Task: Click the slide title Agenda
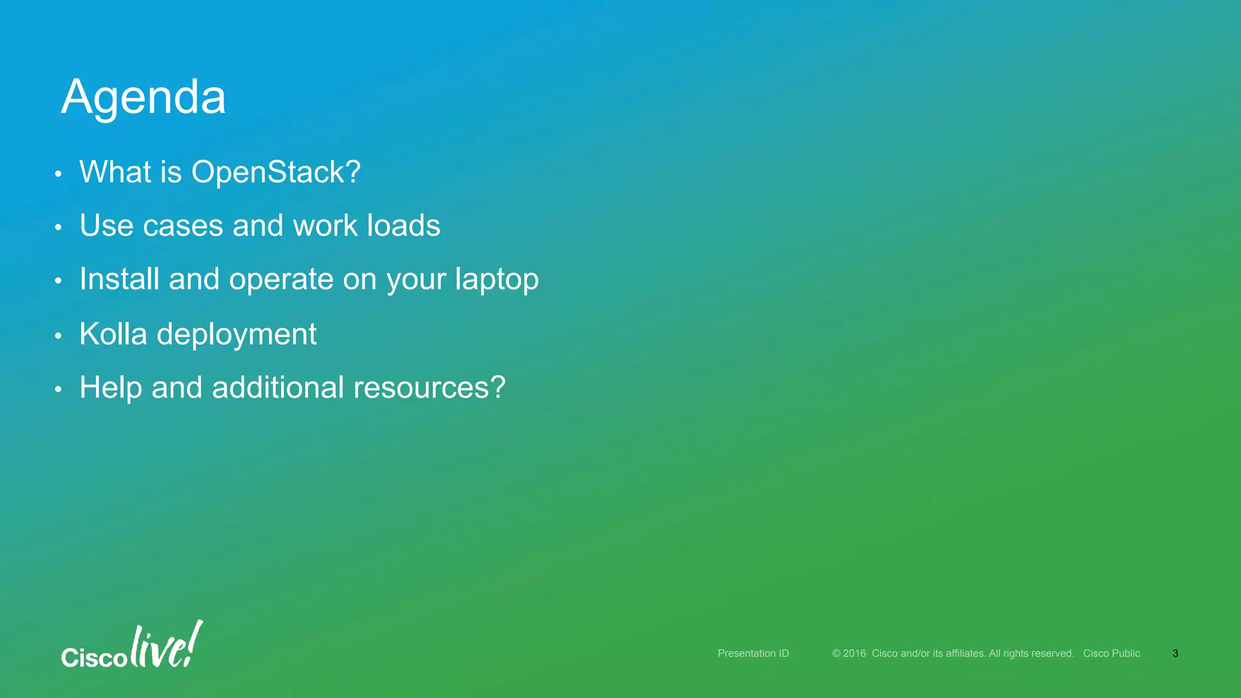(144, 97)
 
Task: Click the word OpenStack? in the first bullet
(276, 172)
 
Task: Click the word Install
(119, 279)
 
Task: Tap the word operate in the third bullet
(281, 281)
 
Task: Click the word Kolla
(113, 334)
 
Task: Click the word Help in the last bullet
(110, 388)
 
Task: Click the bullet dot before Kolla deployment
(58, 336)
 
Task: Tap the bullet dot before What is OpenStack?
(58, 174)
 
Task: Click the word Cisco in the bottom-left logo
(94, 658)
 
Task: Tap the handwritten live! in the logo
(165, 646)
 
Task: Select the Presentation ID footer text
(753, 653)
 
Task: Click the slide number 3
(1175, 653)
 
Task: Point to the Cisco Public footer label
(1111, 653)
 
